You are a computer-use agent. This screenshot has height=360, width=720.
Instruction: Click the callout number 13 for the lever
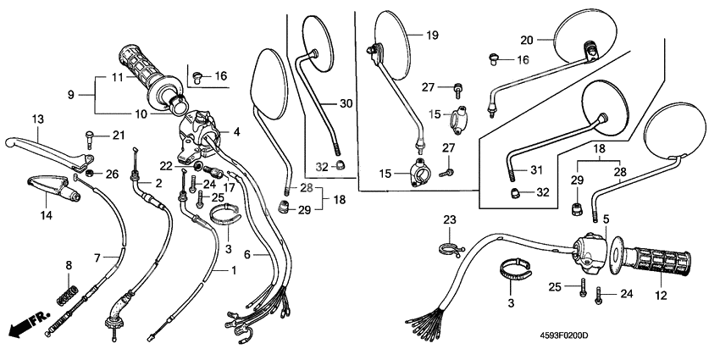click(x=37, y=119)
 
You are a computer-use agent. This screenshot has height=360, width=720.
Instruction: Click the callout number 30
click(x=346, y=103)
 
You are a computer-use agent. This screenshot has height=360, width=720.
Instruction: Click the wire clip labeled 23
click(x=450, y=246)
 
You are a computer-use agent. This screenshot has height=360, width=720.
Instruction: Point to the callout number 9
click(x=71, y=94)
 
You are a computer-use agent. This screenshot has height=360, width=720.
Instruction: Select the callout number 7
click(x=97, y=256)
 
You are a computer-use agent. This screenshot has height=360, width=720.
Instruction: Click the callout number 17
click(x=229, y=187)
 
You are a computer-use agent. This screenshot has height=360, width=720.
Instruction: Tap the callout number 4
click(x=237, y=131)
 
